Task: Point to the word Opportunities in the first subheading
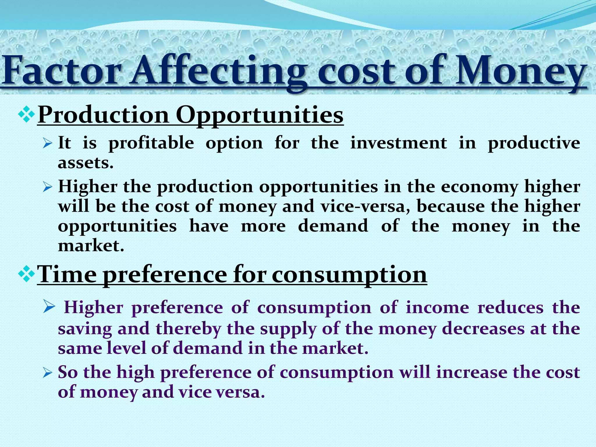(259, 115)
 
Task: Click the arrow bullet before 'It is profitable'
(47, 143)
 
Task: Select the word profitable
(151, 143)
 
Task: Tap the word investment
(398, 143)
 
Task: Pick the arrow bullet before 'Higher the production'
(47, 187)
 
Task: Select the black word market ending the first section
(91, 246)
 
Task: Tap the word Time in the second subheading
(67, 274)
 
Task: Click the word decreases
(483, 329)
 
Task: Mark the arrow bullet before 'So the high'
(47, 373)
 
